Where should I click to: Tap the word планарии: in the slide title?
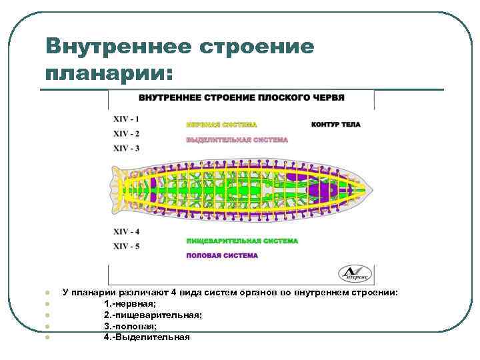pos(109,72)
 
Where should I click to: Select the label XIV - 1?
pos(126,119)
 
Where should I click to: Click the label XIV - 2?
pos(126,133)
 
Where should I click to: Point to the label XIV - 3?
pos(126,148)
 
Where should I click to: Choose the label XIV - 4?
pos(126,231)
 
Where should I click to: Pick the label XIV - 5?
pos(126,246)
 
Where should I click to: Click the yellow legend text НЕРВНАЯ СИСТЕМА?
pos(221,125)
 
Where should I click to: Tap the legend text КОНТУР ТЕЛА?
pos(335,125)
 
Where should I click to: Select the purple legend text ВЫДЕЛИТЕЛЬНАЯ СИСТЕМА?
pos(237,140)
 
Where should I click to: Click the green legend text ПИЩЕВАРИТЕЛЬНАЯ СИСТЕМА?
pos(241,241)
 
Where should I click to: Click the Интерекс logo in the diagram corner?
pos(357,273)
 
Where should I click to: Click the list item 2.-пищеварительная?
pos(153,315)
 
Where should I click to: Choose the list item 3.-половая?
pos(130,326)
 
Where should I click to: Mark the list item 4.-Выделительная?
pos(147,337)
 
